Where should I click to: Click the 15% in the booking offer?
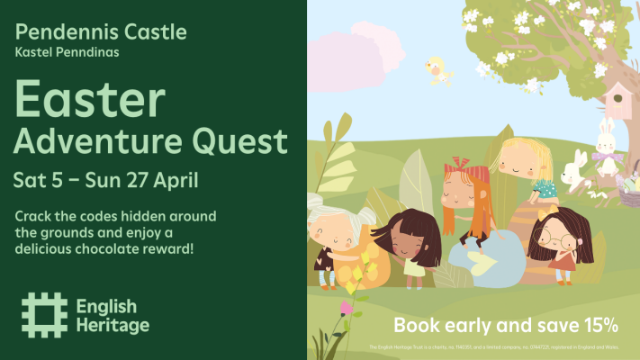[598, 323]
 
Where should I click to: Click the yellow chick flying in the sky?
[438, 69]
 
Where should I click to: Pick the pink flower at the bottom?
[346, 308]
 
